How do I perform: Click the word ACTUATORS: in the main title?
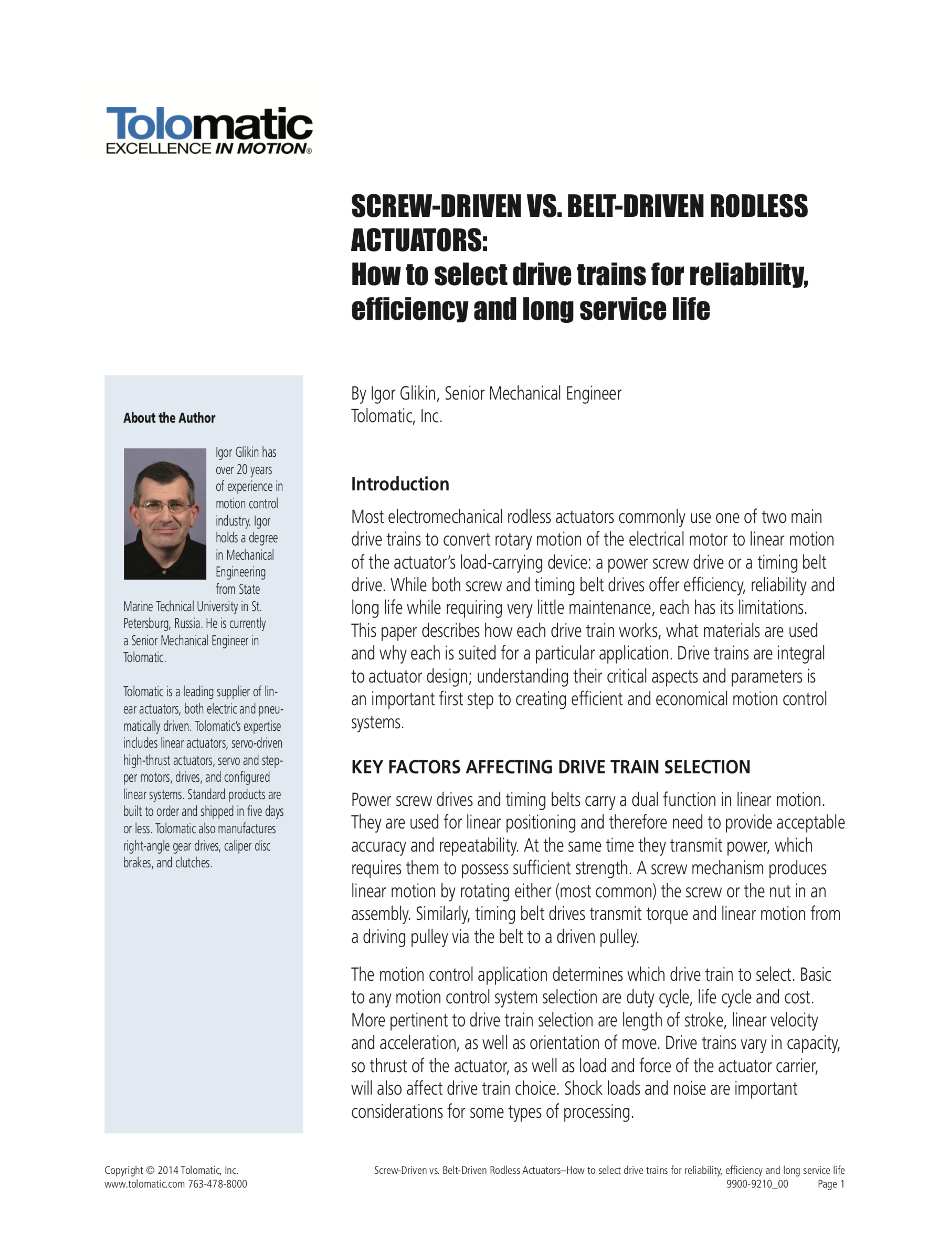(419, 240)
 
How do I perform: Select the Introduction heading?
(400, 484)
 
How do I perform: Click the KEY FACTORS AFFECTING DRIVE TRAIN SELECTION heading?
(550, 767)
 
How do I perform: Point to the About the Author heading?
(169, 418)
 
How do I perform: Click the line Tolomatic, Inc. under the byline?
(396, 416)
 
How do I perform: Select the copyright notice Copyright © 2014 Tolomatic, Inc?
(171, 1171)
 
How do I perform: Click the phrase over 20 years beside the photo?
(243, 469)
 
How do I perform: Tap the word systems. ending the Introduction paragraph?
(377, 722)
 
